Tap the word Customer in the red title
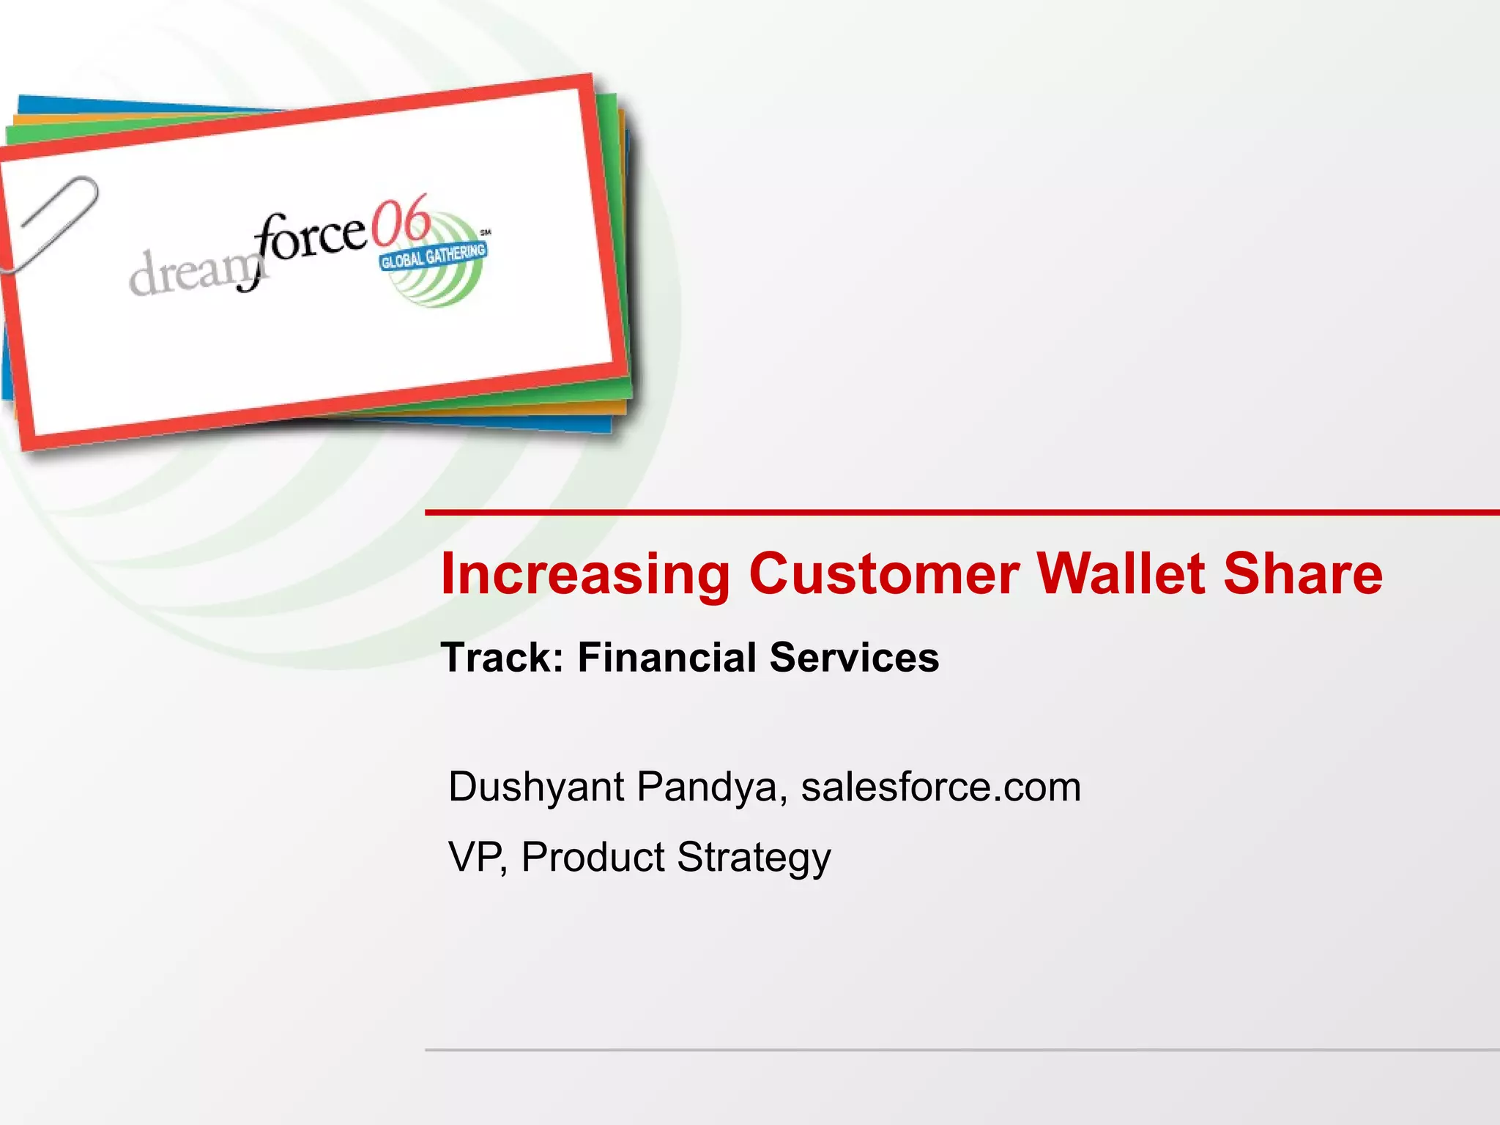click(x=883, y=573)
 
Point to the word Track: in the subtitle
click(x=502, y=658)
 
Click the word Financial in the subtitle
click(x=667, y=658)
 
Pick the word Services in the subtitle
click(x=854, y=658)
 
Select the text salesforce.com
click(x=940, y=787)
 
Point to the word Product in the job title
click(x=593, y=857)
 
